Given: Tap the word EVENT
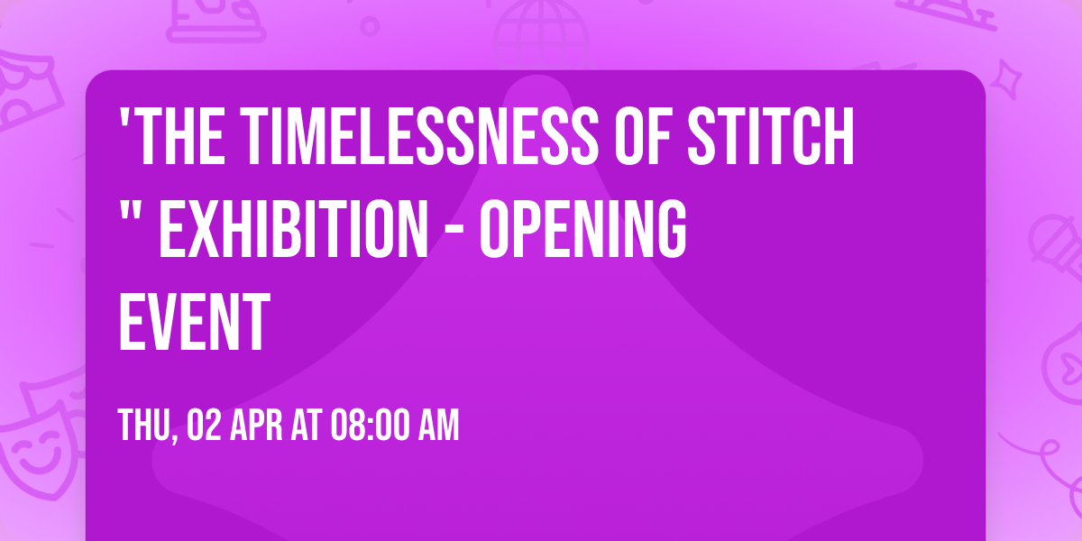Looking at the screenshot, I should [194, 321].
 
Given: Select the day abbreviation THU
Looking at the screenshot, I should [145, 425].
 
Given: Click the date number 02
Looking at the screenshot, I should [203, 425].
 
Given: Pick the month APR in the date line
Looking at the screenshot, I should [259, 425].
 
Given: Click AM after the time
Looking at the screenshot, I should [437, 425].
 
